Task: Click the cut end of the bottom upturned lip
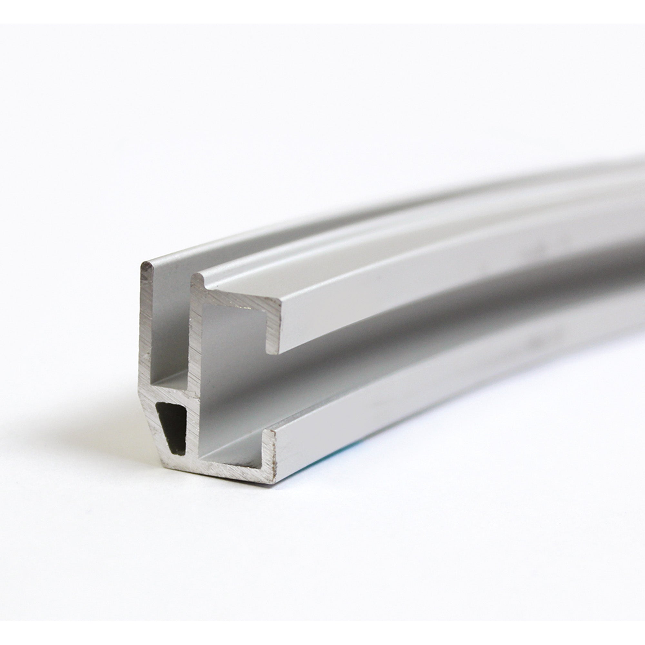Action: [x=271, y=447]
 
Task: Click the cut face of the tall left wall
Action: [x=145, y=334]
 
